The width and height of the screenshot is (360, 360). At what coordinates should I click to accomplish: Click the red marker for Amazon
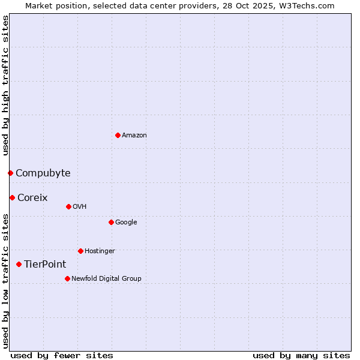(118, 135)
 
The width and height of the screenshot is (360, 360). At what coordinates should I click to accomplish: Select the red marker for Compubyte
(10, 173)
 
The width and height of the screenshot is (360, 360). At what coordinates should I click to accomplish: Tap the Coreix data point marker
(12, 197)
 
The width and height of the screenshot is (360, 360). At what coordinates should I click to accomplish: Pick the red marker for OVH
(68, 206)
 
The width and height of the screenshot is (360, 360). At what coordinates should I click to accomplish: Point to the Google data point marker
(111, 222)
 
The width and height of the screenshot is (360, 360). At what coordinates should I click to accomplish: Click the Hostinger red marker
(80, 251)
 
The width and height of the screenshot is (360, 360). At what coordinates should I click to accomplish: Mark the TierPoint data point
(19, 264)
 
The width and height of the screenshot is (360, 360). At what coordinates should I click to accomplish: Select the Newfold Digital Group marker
(67, 278)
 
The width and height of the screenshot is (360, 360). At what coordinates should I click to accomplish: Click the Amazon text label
(134, 136)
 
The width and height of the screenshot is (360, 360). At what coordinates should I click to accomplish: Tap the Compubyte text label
(43, 173)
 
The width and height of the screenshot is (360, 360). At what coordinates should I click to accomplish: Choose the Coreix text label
(32, 198)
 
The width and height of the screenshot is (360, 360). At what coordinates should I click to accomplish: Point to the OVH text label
(80, 207)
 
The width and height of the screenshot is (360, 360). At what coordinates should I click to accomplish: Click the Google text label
(126, 223)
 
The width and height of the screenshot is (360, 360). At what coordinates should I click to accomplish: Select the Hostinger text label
(100, 251)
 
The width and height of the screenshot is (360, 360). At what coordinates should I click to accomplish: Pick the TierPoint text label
(45, 265)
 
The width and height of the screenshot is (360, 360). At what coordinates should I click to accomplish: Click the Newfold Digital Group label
(106, 279)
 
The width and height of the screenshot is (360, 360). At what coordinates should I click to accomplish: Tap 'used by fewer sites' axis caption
(62, 356)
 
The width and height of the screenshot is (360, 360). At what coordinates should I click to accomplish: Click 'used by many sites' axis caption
(301, 356)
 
